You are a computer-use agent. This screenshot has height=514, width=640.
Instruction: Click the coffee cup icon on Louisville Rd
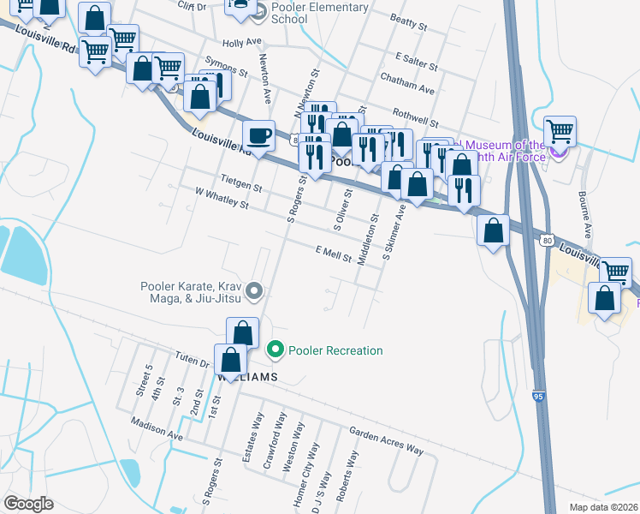(258, 135)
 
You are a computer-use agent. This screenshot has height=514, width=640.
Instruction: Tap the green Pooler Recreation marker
(275, 350)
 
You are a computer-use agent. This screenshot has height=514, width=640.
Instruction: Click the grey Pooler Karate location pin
(253, 293)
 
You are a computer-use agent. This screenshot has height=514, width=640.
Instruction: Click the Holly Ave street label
(241, 42)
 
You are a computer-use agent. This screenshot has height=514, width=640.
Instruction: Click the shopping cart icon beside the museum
(560, 132)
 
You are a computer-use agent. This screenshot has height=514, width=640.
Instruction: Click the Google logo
(28, 504)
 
